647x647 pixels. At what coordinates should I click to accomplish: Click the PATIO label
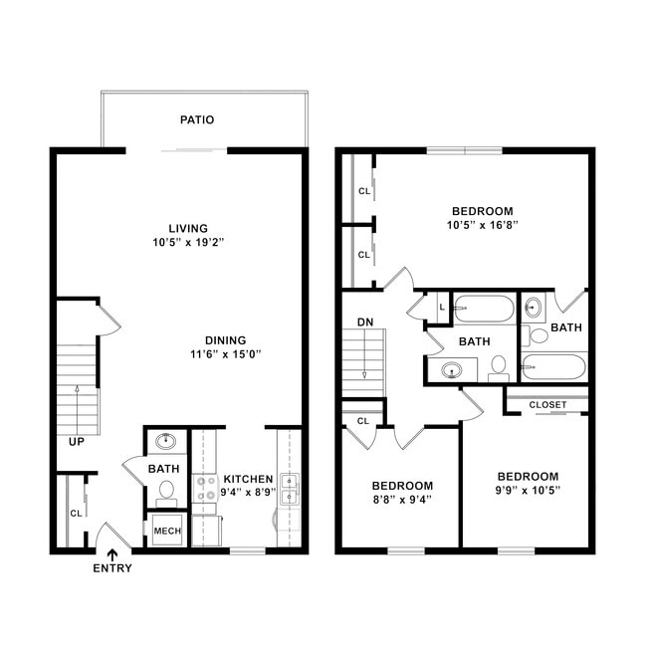(197, 119)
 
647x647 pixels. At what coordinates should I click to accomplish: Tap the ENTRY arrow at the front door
(111, 555)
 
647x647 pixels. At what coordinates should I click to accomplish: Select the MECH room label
(165, 531)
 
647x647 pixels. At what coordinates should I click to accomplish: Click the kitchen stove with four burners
(205, 489)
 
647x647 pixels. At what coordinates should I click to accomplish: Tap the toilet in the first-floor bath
(166, 491)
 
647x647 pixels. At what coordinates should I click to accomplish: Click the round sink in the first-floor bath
(166, 441)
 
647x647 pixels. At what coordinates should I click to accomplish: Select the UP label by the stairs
(76, 441)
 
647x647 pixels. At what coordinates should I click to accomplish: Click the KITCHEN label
(248, 479)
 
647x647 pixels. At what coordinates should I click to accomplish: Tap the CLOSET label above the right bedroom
(547, 405)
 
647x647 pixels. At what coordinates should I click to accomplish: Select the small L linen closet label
(440, 308)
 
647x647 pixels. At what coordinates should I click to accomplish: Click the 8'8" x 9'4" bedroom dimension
(403, 501)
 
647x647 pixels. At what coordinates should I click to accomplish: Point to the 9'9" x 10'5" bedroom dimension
(528, 491)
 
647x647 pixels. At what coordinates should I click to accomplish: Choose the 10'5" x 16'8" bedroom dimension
(483, 225)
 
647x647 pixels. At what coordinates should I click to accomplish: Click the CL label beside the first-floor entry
(76, 514)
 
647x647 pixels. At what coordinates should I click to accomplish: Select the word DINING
(225, 339)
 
